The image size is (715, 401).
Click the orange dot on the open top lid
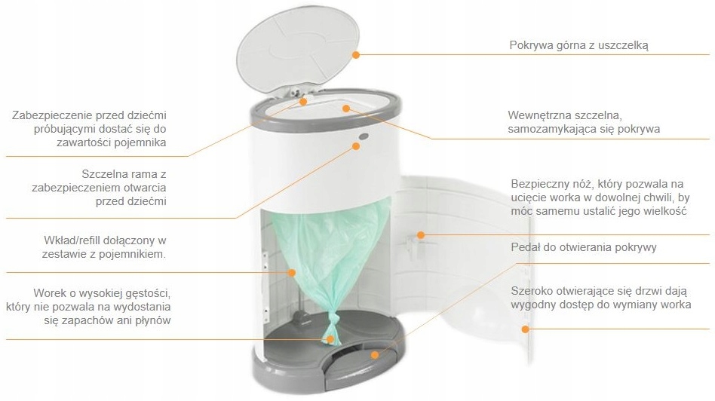pos(356,55)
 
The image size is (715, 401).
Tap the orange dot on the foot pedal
pos(375,354)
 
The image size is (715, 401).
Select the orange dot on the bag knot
pos(330,339)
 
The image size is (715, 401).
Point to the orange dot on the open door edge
pos(525,329)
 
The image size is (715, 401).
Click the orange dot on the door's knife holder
pos(421,235)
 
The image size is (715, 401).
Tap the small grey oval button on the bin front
pos(364,136)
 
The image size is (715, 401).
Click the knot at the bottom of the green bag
pos(332,321)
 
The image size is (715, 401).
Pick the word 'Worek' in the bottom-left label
pos(48,292)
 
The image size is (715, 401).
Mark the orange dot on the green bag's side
pos(292,273)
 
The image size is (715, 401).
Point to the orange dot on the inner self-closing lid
pos(346,109)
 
